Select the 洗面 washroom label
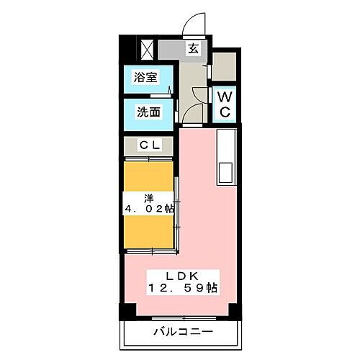click(x=146, y=112)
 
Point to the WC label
click(x=224, y=104)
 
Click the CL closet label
click(x=150, y=145)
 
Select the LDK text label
click(x=184, y=274)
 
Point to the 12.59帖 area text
click(x=184, y=288)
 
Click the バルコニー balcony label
click(x=182, y=333)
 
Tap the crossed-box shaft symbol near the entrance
click(x=147, y=50)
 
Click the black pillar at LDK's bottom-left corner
click(x=126, y=312)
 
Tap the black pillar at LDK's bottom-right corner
click(x=235, y=312)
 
